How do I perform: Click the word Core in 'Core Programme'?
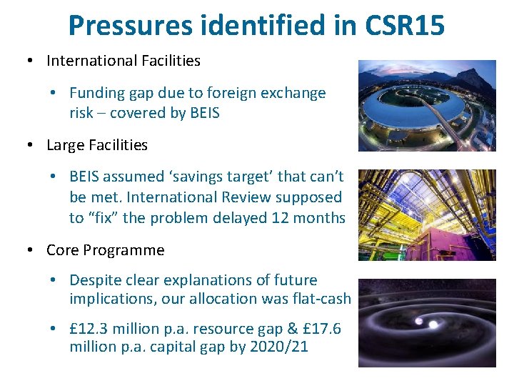click(63, 250)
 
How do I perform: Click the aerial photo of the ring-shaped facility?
click(427, 105)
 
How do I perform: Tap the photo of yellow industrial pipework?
click(427, 215)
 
